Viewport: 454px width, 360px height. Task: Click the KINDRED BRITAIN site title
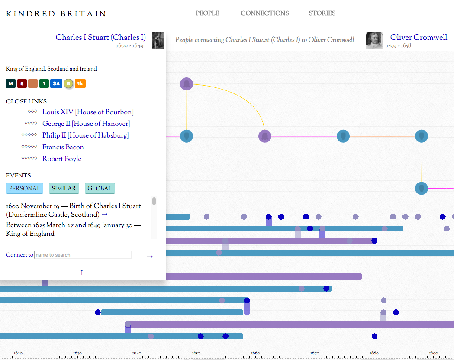click(56, 14)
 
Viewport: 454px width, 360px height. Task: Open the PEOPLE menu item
click(207, 13)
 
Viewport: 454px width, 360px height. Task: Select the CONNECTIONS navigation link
click(264, 13)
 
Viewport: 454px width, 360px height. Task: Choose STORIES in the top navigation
click(322, 13)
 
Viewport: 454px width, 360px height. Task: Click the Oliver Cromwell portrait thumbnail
click(374, 40)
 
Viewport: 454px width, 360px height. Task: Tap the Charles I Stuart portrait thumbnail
click(158, 40)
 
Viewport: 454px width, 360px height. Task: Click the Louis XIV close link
click(88, 112)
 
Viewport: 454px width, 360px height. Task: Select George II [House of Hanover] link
click(86, 124)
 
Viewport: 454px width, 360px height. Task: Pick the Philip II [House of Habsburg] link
click(85, 135)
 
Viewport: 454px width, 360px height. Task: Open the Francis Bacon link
click(63, 147)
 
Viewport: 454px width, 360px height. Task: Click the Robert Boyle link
click(62, 159)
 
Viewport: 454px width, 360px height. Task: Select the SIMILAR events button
click(64, 188)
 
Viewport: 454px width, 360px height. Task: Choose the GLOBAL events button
click(100, 188)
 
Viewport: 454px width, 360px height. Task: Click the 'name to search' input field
click(83, 255)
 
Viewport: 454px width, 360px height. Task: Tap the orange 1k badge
click(80, 84)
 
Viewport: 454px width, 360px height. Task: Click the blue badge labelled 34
click(56, 84)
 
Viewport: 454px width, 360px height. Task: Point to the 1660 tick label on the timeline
click(255, 353)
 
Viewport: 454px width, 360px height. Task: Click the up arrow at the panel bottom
click(82, 272)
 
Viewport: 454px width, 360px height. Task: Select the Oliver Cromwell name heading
click(419, 37)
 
